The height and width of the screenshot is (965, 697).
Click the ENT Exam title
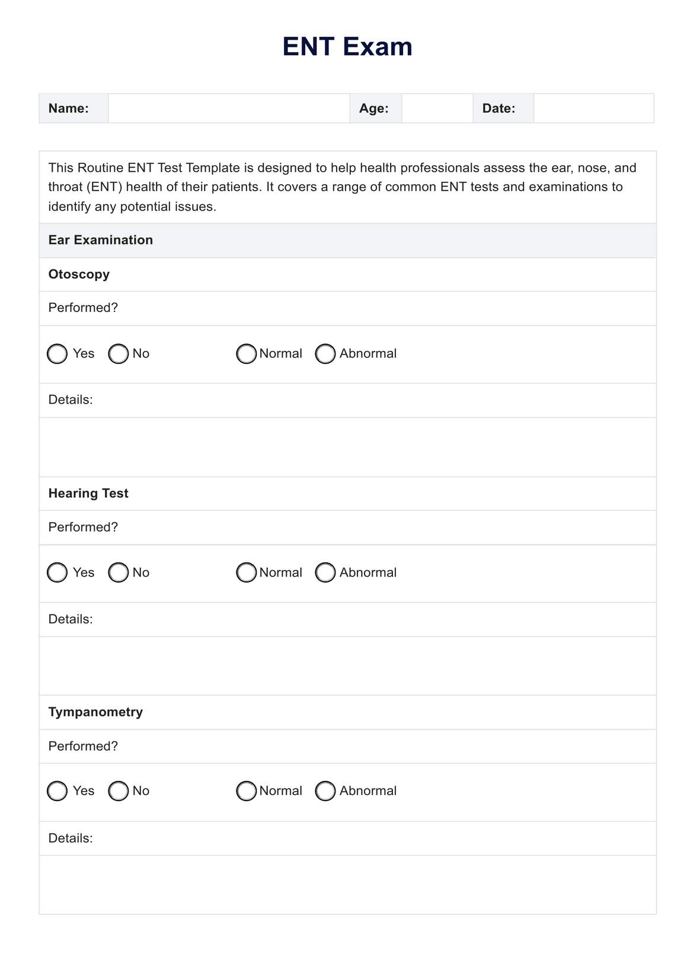pos(347,47)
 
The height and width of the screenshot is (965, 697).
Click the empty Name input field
pos(229,108)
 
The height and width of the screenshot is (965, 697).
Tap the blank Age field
pos(437,108)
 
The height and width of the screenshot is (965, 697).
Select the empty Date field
pos(593,108)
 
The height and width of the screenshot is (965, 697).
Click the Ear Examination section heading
pos(101,240)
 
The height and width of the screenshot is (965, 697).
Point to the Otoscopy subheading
pos(79,274)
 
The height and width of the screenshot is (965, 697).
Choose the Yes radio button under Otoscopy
pos(57,354)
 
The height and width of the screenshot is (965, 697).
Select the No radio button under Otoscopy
pos(119,354)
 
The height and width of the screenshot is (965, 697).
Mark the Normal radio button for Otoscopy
pos(246,354)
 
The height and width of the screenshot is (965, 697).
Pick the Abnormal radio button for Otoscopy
pos(325,354)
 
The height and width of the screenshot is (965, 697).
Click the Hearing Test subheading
pos(88,493)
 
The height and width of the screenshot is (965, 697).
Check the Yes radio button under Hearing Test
pos(57,572)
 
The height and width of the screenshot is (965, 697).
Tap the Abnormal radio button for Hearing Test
pos(325,572)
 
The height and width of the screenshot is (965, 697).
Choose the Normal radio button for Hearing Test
pos(246,572)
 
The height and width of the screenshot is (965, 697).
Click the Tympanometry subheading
pos(95,712)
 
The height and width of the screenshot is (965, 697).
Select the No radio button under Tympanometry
pos(119,791)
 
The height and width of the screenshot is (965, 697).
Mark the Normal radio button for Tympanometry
pos(246,791)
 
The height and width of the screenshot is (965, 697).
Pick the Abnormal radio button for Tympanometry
pos(325,791)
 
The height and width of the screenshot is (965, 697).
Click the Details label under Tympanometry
pos(71,838)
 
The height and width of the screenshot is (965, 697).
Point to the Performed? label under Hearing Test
pos(83,527)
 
